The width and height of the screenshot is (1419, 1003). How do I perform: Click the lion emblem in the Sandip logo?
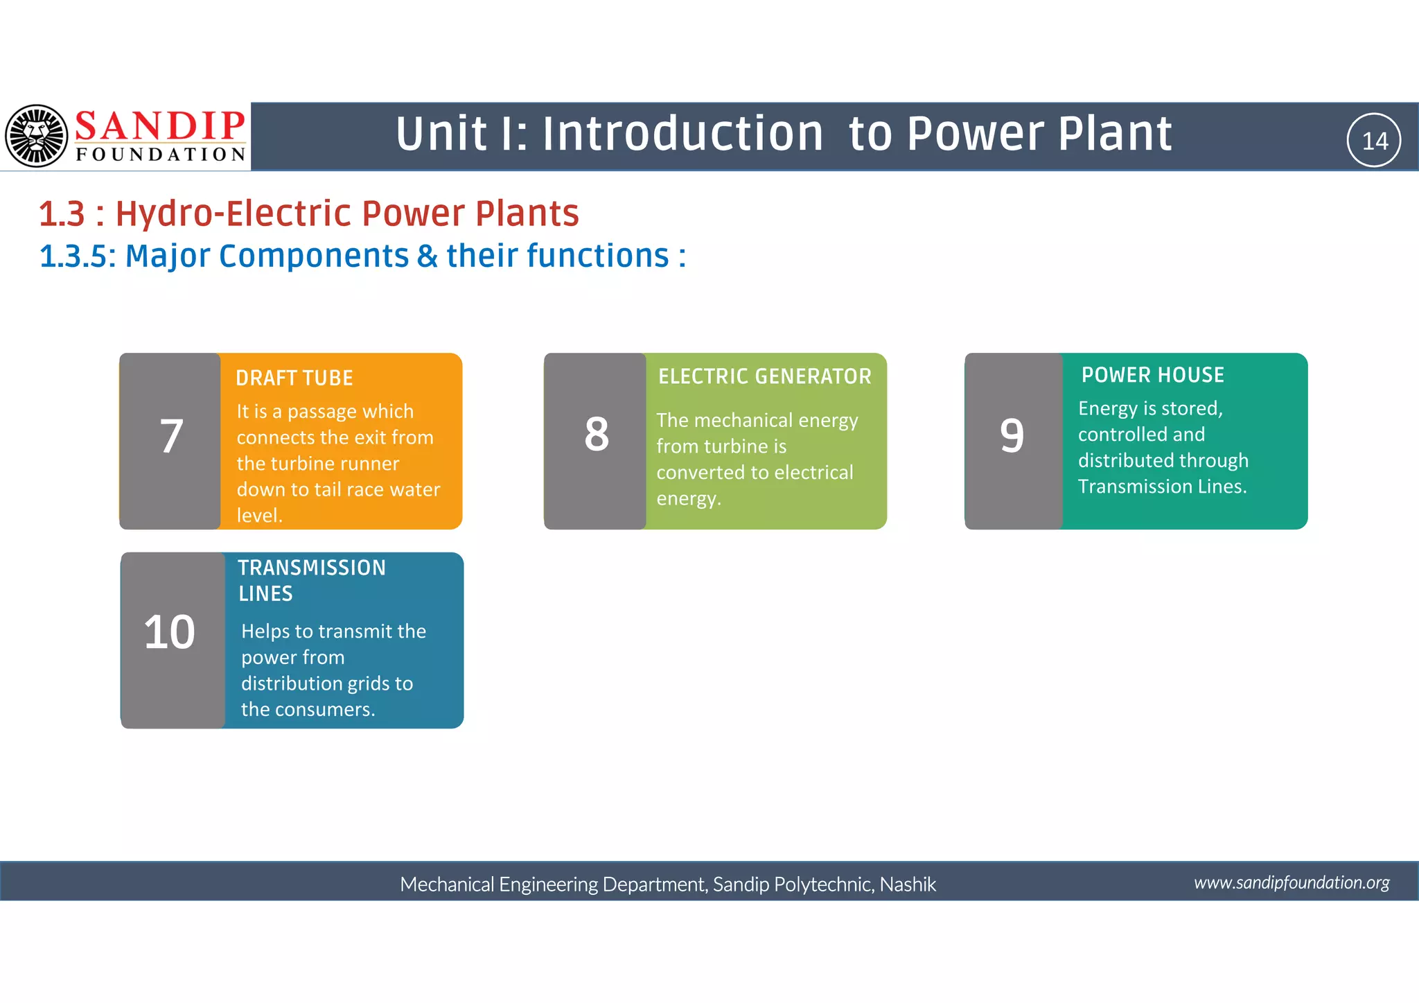[37, 136]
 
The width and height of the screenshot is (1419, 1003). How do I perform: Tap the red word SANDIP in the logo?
[160, 126]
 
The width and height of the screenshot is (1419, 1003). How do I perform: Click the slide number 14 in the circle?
[1374, 141]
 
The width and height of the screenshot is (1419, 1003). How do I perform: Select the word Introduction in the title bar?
[682, 134]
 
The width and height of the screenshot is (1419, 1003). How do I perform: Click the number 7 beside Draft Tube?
[171, 437]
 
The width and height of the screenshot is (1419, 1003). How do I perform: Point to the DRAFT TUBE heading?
[294, 378]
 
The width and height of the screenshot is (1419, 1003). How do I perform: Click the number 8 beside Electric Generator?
[597, 435]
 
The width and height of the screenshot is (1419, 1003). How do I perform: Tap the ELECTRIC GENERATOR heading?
[764, 376]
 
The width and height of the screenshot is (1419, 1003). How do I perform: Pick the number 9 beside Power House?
[1012, 437]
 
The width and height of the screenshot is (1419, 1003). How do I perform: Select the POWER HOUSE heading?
[1153, 375]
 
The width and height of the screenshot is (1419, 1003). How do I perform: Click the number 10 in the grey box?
[170, 633]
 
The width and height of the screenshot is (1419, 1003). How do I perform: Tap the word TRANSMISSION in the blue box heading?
[312, 568]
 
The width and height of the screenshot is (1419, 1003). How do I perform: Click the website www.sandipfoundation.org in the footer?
[1292, 882]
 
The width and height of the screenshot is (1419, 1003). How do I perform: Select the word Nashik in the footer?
[908, 884]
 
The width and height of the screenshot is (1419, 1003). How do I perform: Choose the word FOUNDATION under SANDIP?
[161, 154]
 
